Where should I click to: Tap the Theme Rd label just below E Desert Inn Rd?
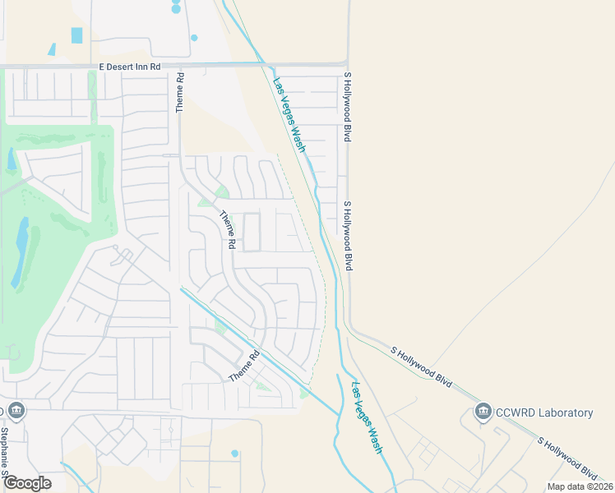180,91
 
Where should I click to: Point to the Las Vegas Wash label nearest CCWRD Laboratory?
367,418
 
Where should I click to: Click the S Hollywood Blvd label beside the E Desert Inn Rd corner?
348,107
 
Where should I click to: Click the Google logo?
27,483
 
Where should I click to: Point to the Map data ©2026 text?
580,486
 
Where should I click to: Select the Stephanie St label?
4,449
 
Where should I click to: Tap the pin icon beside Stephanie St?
16,410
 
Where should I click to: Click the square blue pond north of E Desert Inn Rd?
77,35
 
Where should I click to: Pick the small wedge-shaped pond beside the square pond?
52,49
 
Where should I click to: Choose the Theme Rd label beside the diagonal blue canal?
244,366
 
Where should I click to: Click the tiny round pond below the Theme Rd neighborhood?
234,454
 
